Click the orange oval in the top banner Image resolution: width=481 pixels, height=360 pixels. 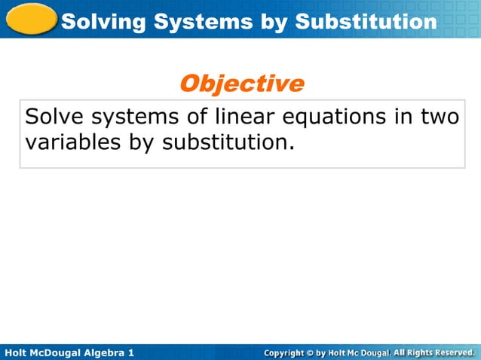tap(30, 19)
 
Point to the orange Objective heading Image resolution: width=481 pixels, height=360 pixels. tap(241, 84)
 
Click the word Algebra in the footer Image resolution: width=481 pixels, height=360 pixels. tap(103, 352)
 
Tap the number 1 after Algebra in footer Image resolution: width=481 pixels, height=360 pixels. tap(131, 352)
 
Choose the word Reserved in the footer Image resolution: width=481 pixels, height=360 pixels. tap(451, 352)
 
